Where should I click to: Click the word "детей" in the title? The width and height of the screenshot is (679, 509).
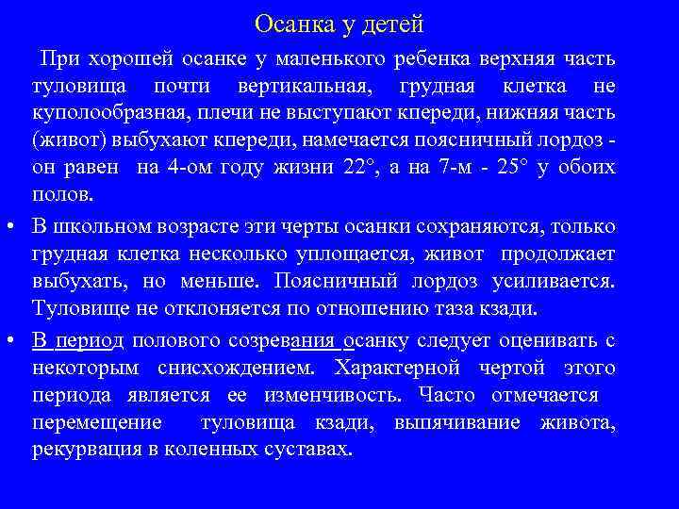coord(388,23)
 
